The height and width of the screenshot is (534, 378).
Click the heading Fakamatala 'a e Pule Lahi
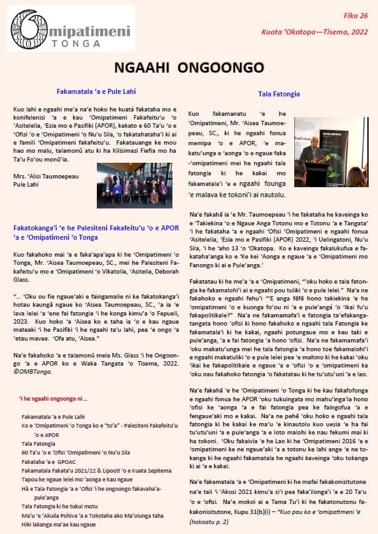click(104, 91)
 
